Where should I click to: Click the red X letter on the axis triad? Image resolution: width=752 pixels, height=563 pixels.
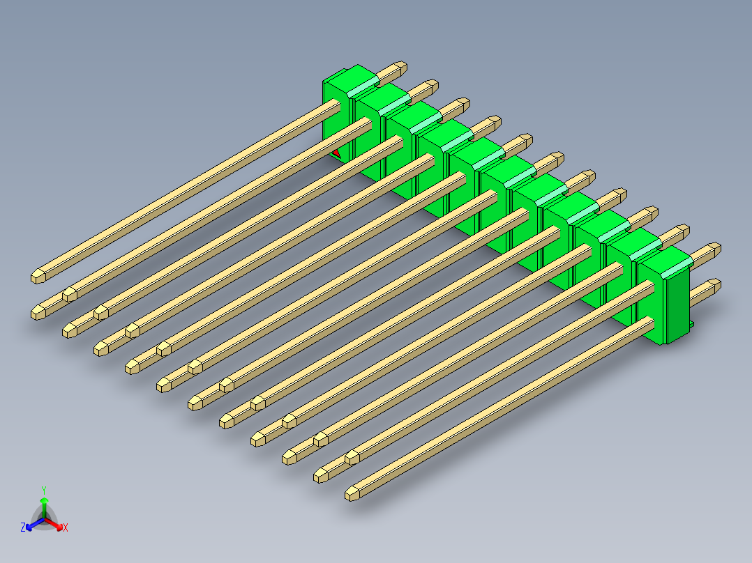[x=66, y=528]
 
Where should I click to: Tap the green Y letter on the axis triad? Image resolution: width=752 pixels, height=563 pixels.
[x=44, y=490]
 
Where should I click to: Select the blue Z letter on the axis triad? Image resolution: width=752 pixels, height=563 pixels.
[x=23, y=528]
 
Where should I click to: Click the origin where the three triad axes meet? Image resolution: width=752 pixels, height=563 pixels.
[x=44, y=518]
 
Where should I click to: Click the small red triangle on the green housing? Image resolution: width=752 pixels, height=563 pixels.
[x=336, y=151]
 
